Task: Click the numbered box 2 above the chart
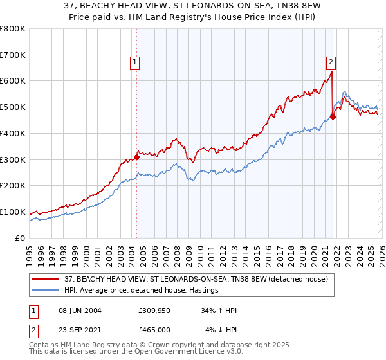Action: pos(330,62)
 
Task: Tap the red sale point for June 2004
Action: pos(136,156)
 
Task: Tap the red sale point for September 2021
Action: pos(333,116)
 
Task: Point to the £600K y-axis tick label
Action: pos(13,81)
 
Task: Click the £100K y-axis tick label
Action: pos(13,212)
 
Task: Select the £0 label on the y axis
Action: pos(21,238)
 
